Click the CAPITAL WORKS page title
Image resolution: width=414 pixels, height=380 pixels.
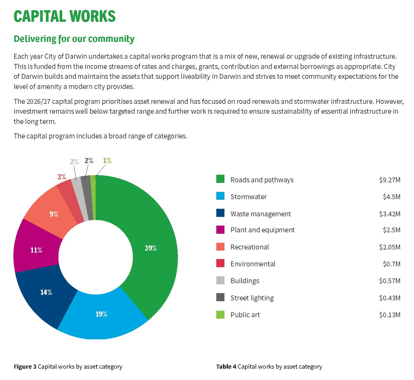(x=65, y=16)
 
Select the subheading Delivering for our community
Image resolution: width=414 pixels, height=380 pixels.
(x=74, y=39)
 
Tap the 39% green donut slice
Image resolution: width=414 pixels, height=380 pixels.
(x=151, y=248)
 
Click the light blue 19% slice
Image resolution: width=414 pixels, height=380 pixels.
(x=101, y=314)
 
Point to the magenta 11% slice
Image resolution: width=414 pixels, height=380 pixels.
(x=36, y=250)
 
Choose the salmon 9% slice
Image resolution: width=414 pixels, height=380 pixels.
(x=53, y=214)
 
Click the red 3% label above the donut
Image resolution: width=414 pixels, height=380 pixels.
(x=61, y=177)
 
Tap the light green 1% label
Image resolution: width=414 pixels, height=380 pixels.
(x=107, y=160)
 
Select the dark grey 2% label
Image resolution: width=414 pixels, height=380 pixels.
(x=89, y=160)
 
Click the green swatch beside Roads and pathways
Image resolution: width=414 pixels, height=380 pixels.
(x=220, y=179)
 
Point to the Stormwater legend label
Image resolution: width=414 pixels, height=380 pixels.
(x=248, y=197)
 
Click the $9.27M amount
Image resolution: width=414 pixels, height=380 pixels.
(x=389, y=180)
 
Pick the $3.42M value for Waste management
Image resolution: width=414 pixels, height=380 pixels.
(x=389, y=214)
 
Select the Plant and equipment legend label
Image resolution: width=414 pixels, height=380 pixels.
(x=262, y=230)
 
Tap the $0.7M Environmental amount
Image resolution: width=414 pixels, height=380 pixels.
(x=391, y=264)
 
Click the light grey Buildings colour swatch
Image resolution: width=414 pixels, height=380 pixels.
(x=220, y=280)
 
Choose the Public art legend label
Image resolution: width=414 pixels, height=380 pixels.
(x=245, y=315)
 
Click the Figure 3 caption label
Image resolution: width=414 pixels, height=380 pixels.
(x=25, y=367)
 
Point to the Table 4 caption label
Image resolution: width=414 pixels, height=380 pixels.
(x=226, y=367)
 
